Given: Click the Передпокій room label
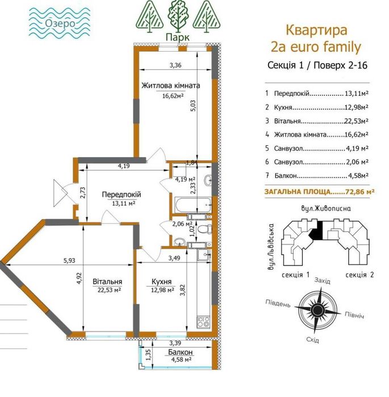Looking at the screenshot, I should point(122,195).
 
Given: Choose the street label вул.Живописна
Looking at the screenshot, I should point(323,208).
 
